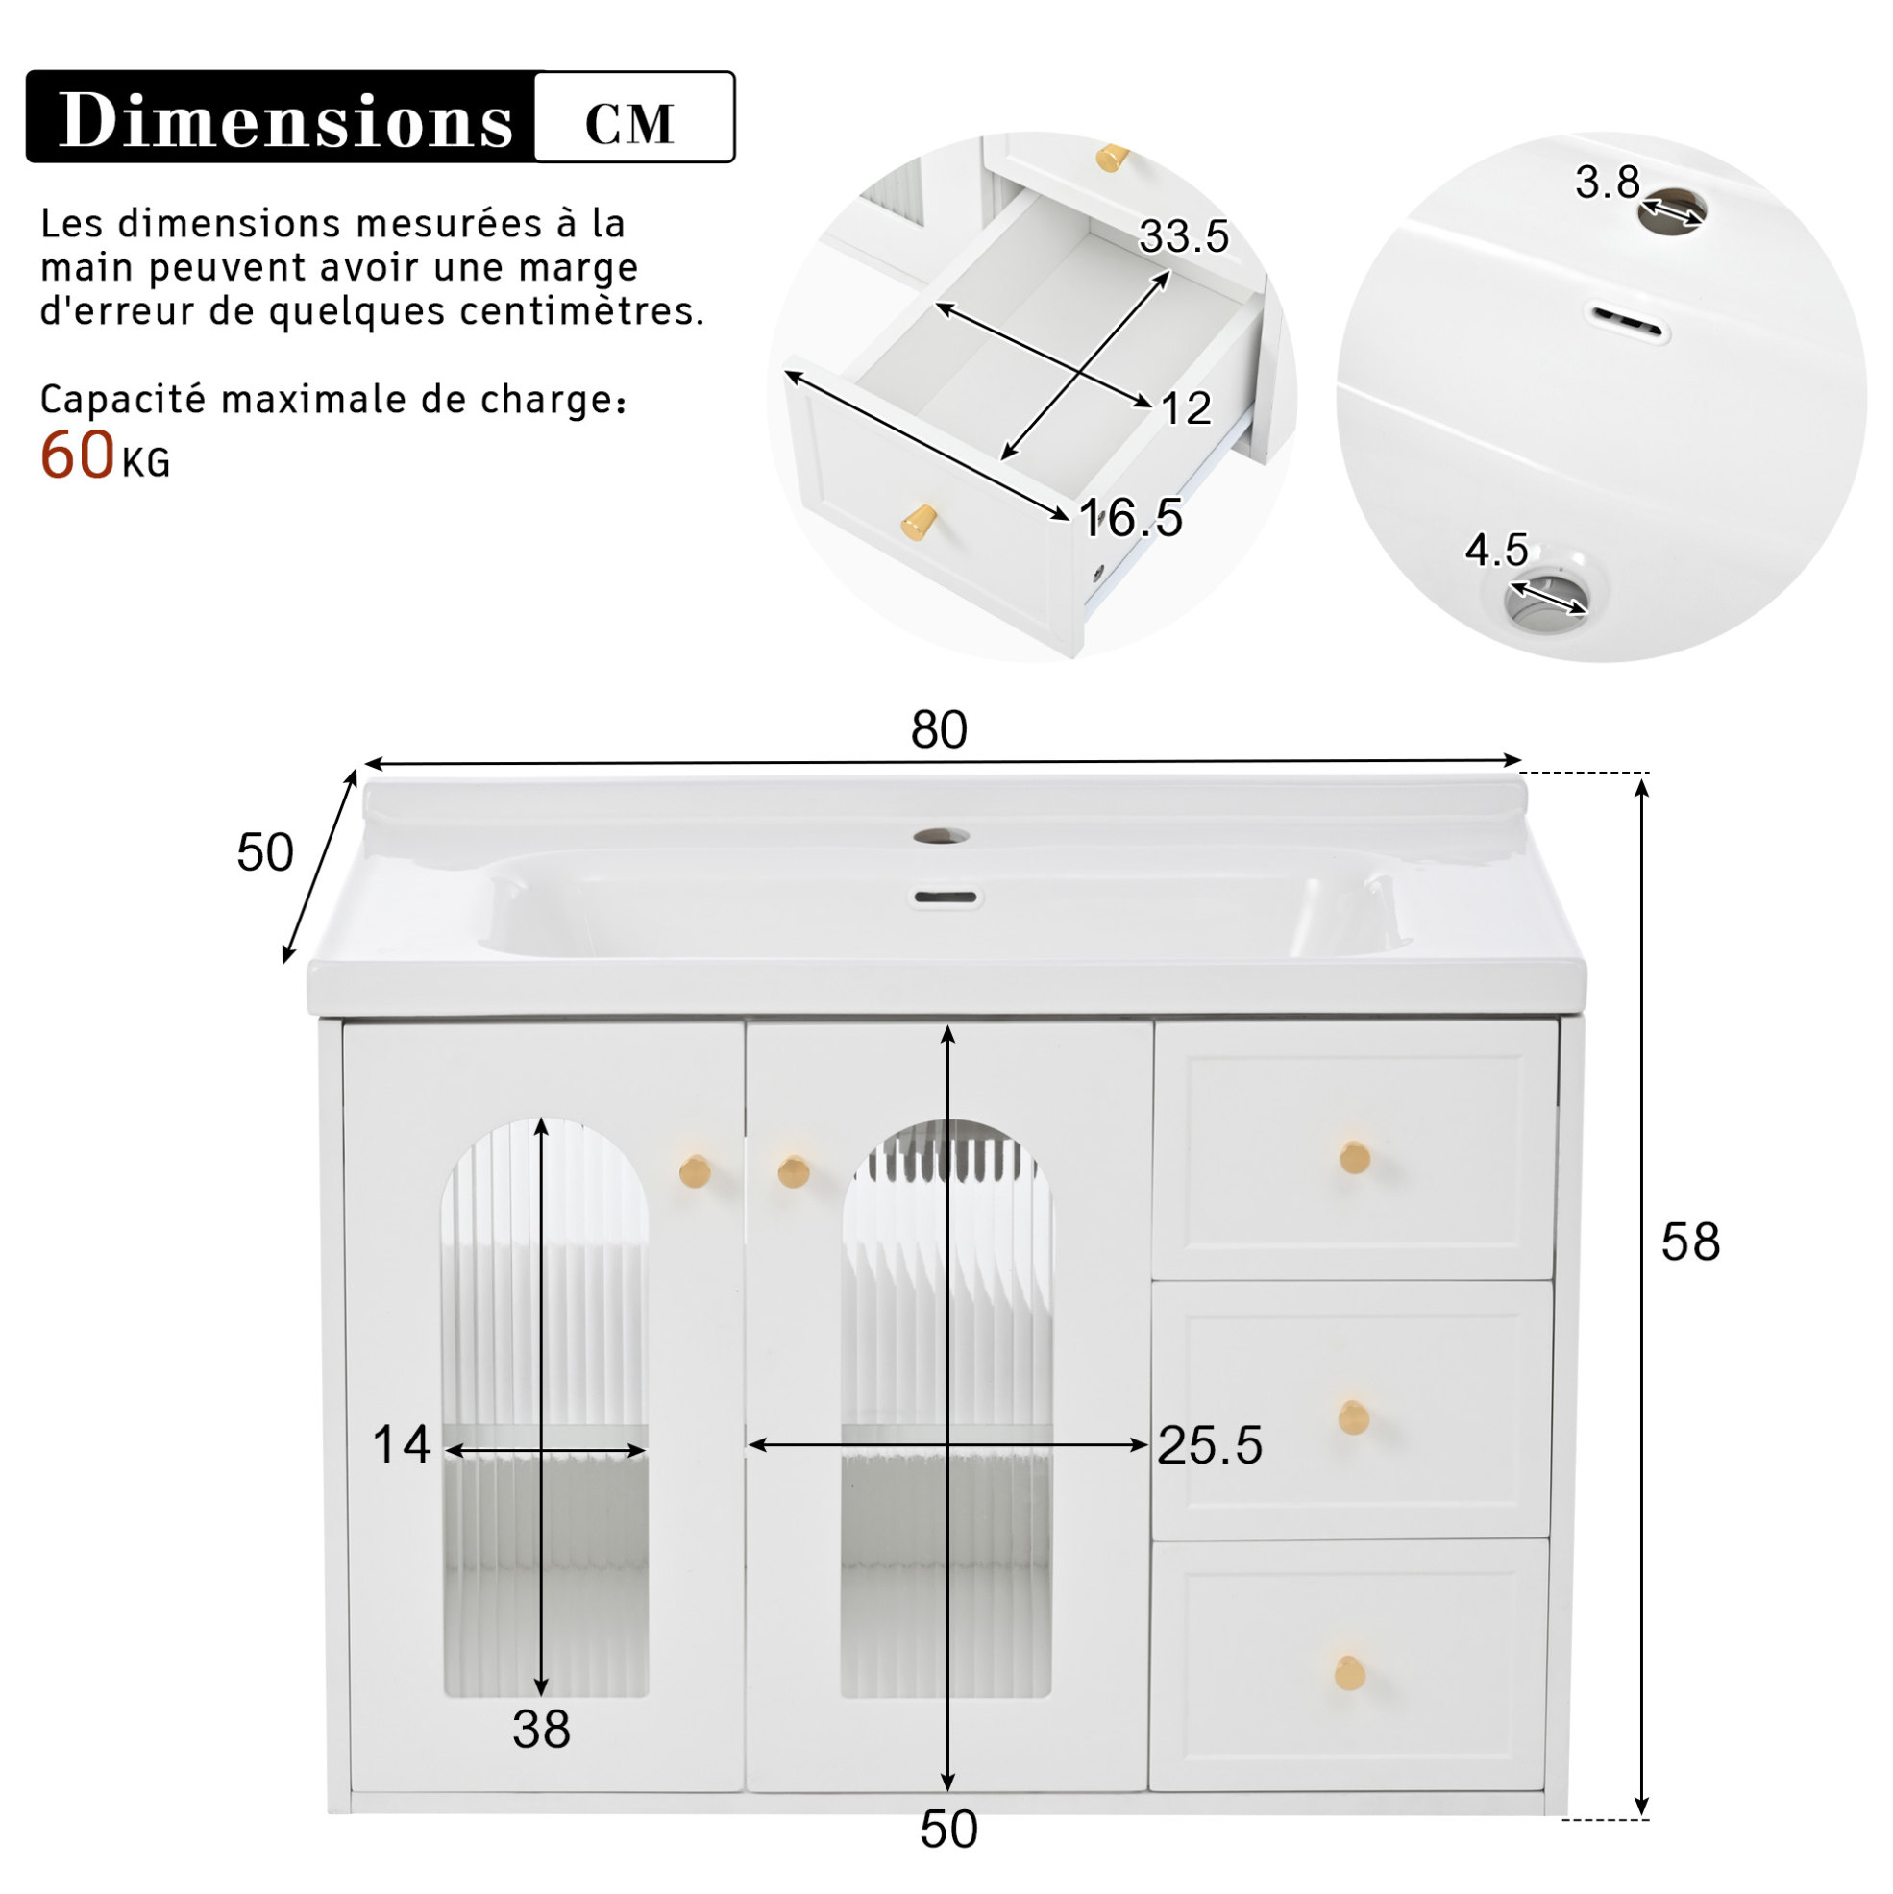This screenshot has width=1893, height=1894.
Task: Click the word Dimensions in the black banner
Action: [x=286, y=120]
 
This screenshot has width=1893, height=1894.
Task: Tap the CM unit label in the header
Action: [x=629, y=124]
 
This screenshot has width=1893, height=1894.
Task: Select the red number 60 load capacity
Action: [x=77, y=455]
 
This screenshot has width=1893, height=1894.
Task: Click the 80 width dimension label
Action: [x=938, y=729]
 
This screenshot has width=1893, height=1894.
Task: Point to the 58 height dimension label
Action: [x=1690, y=1242]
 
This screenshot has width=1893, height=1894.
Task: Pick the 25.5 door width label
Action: [x=1210, y=1445]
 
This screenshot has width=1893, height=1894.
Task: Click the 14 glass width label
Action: [x=402, y=1444]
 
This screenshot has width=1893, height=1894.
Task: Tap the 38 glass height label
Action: [x=541, y=1730]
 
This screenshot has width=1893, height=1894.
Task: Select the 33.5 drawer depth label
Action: [x=1183, y=236]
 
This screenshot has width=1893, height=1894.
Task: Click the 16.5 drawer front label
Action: [x=1131, y=517]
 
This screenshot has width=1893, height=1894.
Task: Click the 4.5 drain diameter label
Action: [x=1496, y=550]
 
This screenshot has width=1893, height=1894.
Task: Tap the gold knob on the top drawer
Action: [x=1355, y=1158]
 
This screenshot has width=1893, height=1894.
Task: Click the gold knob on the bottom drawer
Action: [x=1350, y=1672]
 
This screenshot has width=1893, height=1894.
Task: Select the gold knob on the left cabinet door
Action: [x=695, y=1170]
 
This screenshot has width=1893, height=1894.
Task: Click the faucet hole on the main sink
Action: [x=941, y=836]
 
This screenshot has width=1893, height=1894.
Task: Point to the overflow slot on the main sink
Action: [x=946, y=896]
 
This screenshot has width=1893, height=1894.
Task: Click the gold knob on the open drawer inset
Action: [x=920, y=522]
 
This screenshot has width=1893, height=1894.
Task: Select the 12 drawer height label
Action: [x=1186, y=407]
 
